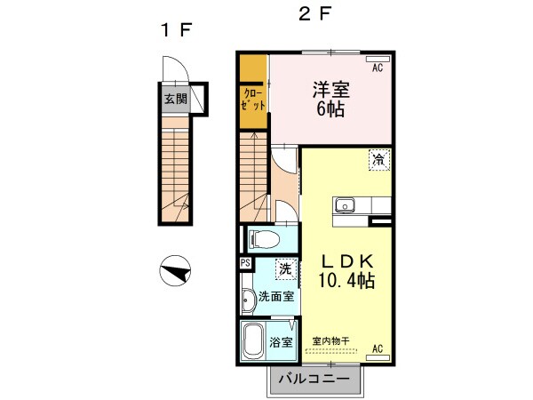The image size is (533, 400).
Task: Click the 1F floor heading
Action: (175, 30)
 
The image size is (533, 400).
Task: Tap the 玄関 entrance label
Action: (175, 99)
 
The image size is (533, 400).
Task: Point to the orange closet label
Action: (253, 99)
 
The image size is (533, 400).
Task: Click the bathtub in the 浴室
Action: (254, 340)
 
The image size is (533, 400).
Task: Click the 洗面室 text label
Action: (276, 296)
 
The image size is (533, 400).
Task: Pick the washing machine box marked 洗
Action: (284, 267)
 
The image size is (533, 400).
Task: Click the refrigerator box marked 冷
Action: (379, 160)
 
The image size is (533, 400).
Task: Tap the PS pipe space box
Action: (245, 263)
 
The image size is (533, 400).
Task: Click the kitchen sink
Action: (344, 206)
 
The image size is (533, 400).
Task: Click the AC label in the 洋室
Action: (377, 68)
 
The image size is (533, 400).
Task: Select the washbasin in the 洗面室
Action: (248, 300)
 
